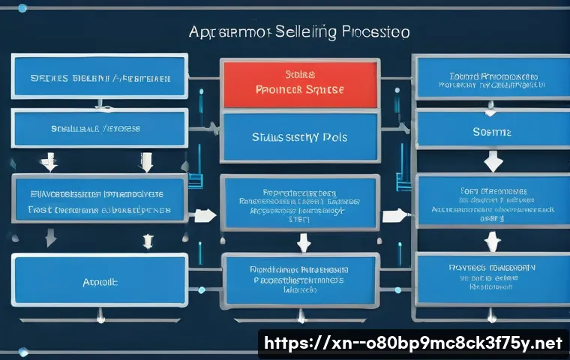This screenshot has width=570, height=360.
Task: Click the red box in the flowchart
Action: [300, 84]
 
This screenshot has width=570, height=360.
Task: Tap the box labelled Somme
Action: [492, 131]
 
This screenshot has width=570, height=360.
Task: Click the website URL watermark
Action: [412, 343]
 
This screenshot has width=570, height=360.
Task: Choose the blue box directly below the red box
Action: [300, 138]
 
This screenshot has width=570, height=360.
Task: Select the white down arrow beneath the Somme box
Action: [493, 161]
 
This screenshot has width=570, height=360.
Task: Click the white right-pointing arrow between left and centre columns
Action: [202, 217]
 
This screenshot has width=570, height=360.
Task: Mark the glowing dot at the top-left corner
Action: [22, 8]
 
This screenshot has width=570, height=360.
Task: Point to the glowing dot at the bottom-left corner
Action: [22, 352]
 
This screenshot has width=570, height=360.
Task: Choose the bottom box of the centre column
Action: [300, 278]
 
